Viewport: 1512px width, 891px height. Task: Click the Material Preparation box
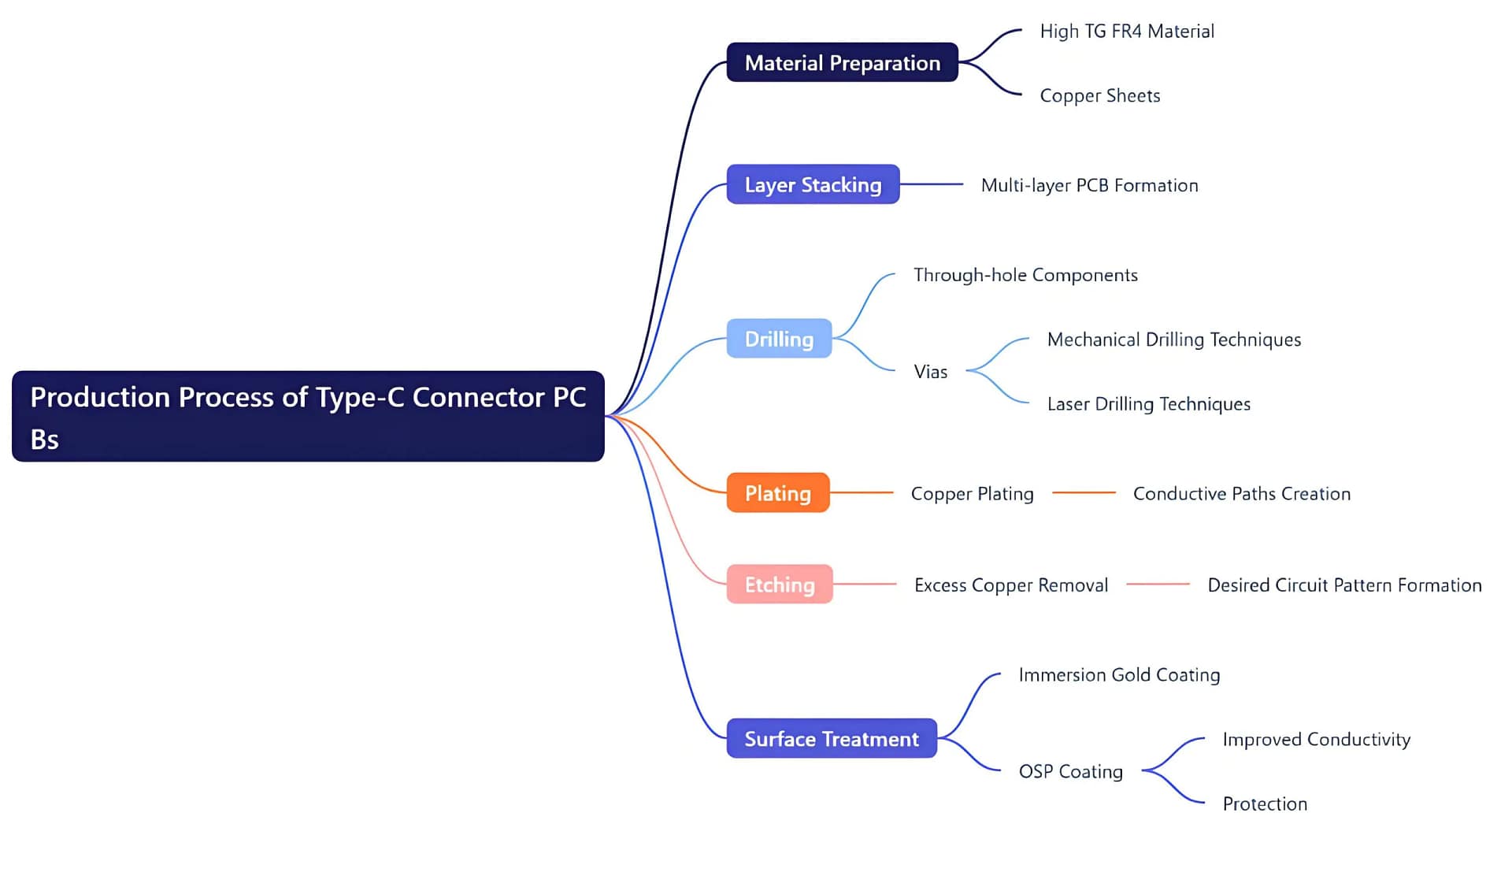click(x=842, y=62)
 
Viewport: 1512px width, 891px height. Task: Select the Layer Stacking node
click(x=813, y=184)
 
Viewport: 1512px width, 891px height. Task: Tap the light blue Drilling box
click(x=779, y=339)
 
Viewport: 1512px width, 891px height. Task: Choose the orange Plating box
click(x=778, y=493)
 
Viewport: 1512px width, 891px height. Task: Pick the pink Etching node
click(x=780, y=585)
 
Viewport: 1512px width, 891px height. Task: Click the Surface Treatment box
click(x=832, y=739)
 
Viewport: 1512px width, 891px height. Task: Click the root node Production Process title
click(x=308, y=416)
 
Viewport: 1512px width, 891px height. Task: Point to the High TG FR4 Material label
click(x=1127, y=32)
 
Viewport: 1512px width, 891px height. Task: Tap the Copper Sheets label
click(x=1100, y=96)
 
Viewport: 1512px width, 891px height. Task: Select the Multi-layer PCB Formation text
click(x=1089, y=185)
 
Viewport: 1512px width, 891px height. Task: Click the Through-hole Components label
click(x=1025, y=275)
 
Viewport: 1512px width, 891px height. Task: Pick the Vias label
click(x=931, y=372)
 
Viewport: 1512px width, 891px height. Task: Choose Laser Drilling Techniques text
click(x=1148, y=404)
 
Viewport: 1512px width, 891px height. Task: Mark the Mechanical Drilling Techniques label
click(x=1173, y=340)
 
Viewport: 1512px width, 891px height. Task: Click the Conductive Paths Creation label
click(x=1241, y=494)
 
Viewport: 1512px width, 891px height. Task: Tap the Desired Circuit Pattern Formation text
click(x=1344, y=585)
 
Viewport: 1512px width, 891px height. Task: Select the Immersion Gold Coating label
click(x=1119, y=675)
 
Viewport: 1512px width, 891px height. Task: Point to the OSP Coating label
click(x=1070, y=771)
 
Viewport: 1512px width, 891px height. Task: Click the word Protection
click(x=1265, y=804)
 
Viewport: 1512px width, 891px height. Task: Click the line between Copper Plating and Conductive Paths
click(x=1084, y=492)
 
